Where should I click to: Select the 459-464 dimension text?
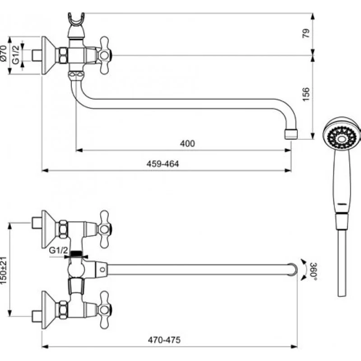tap(163, 164)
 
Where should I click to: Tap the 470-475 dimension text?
tap(164, 341)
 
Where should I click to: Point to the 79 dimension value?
tap(305, 34)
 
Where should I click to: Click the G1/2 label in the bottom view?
tap(58, 250)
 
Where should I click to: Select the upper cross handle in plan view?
tap(104, 229)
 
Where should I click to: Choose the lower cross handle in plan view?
tap(104, 309)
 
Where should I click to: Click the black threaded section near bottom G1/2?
tap(77, 254)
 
